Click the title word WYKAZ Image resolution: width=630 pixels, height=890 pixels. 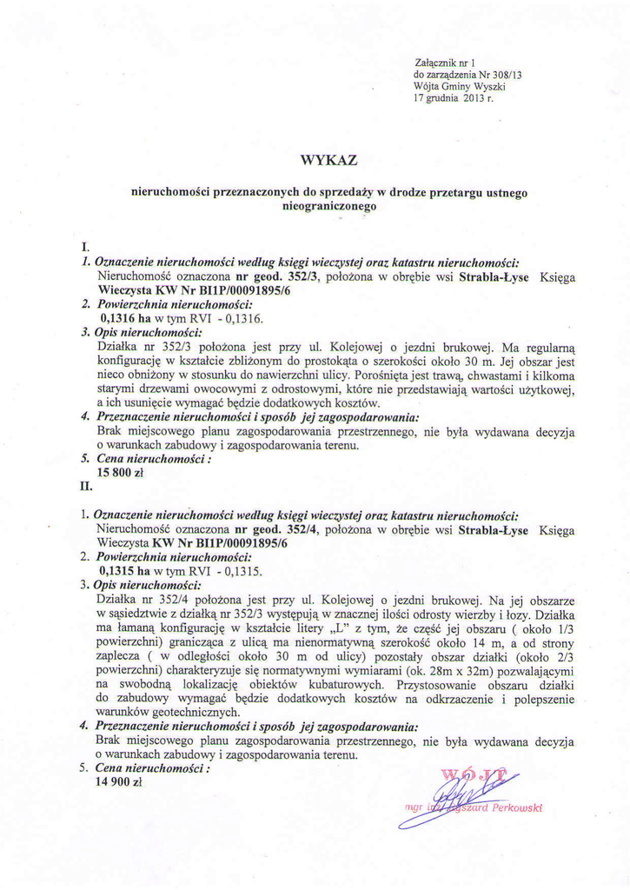(x=328, y=160)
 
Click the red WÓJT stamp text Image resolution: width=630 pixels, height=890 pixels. (x=474, y=773)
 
